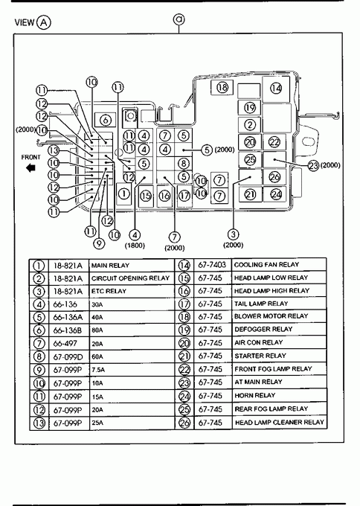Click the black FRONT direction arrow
(x=30, y=168)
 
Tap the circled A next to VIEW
(x=44, y=22)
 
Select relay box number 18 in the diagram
(x=222, y=87)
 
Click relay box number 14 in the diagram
(x=276, y=89)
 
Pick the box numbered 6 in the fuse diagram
(x=105, y=121)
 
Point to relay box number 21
(x=251, y=194)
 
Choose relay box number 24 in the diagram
(x=276, y=194)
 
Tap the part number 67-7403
(x=212, y=265)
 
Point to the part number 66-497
(x=65, y=344)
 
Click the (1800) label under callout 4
(x=135, y=246)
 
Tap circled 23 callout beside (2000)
(x=313, y=165)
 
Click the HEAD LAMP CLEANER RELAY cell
(x=280, y=423)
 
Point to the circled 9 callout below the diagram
(x=99, y=243)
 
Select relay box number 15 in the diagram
(x=146, y=196)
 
